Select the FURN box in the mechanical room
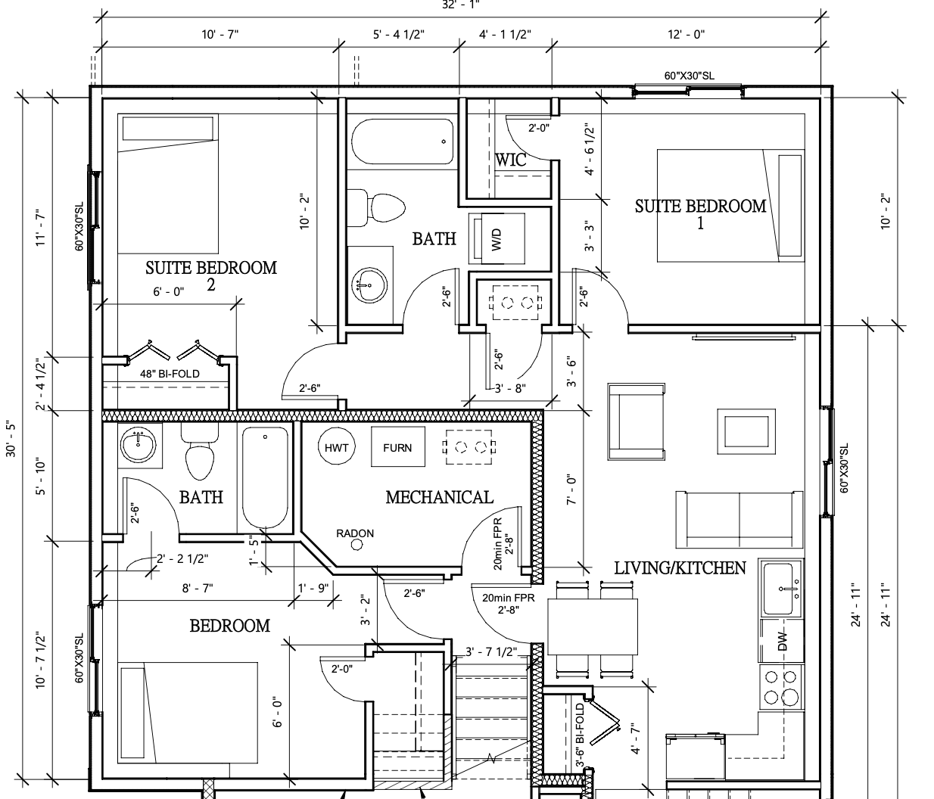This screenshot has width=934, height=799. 397,446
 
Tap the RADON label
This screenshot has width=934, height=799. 355,533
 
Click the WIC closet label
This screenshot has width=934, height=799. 511,160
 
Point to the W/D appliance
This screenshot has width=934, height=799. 497,238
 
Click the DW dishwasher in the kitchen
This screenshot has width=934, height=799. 781,640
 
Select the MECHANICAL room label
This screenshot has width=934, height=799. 440,497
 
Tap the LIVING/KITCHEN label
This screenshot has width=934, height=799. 680,567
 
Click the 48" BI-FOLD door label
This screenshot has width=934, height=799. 170,374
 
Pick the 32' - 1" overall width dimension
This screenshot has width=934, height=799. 460,5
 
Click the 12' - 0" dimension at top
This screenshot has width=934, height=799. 686,34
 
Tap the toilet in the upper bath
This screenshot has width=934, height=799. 376,208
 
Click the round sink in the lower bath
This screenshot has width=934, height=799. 139,444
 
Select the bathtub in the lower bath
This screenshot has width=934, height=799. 265,478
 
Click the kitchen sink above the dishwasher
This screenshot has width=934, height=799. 781,589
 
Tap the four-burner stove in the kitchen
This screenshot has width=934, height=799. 781,686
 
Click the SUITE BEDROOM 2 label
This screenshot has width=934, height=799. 211,275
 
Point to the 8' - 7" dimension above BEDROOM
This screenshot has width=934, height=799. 198,588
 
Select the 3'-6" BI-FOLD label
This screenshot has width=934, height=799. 581,735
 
